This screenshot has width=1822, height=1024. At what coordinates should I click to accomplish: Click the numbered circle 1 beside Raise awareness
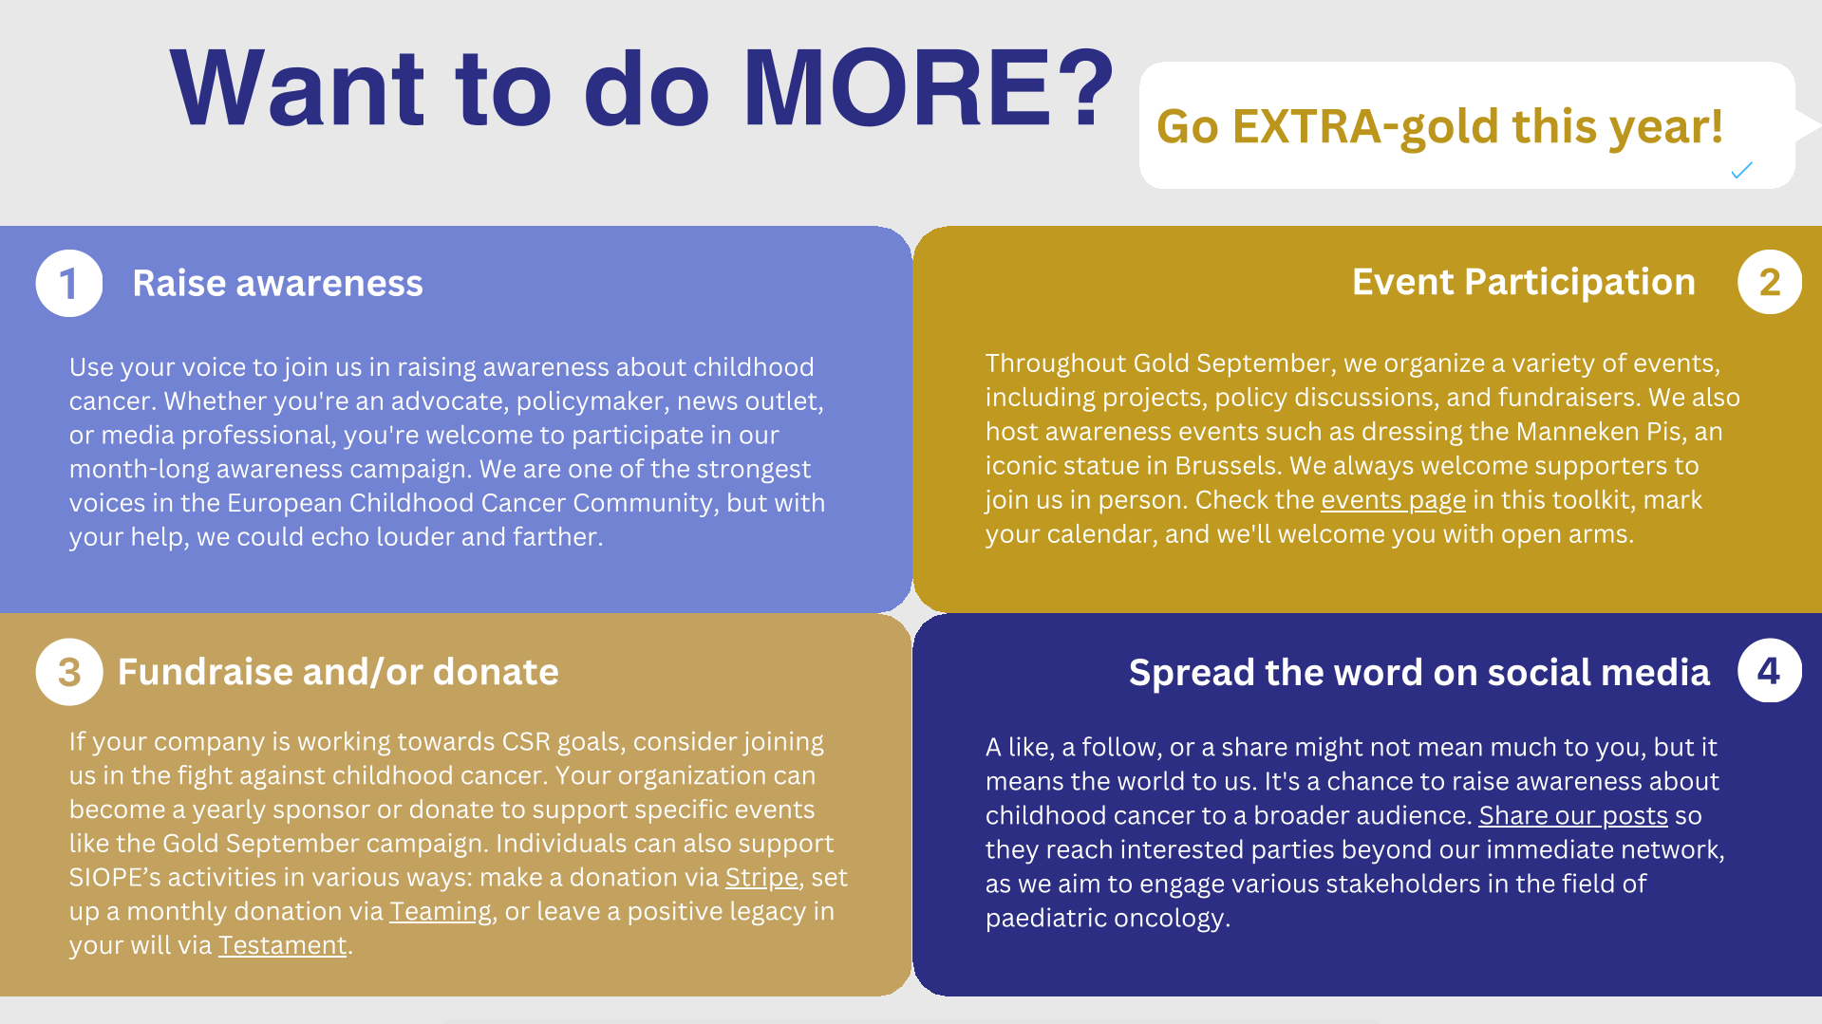[x=69, y=283]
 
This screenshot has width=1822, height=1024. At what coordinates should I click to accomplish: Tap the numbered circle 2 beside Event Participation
[x=1770, y=282]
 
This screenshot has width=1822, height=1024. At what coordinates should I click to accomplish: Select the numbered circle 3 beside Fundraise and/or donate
[x=69, y=672]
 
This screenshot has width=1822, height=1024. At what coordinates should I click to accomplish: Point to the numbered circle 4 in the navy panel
[x=1770, y=671]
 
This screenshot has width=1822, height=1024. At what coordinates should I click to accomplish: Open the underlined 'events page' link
[x=1393, y=500]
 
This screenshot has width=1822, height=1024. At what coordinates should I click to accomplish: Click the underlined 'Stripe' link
[x=761, y=878]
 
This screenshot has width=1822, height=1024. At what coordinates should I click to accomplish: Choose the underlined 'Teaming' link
[x=441, y=912]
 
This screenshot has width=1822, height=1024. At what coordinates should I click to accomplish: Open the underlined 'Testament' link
[x=283, y=945]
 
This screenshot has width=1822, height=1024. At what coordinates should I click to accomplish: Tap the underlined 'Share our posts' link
[x=1573, y=816]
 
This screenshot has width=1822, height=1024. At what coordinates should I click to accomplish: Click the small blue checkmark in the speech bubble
[x=1741, y=170]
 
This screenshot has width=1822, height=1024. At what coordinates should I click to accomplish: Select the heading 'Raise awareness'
[x=277, y=283]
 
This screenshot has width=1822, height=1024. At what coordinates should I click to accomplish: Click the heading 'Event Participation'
[x=1523, y=282]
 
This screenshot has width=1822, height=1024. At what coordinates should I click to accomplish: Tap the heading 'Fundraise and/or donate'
[x=338, y=672]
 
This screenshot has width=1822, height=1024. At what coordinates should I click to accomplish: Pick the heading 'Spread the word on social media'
[x=1418, y=672]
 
